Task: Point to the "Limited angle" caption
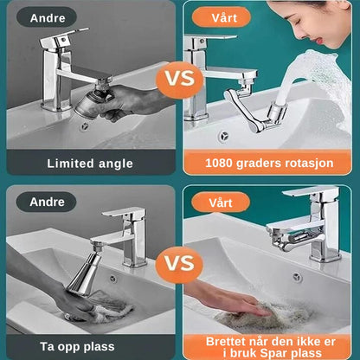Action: (x=91, y=163)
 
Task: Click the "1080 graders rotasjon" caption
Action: (x=269, y=163)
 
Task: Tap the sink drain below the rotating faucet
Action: (x=223, y=136)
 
